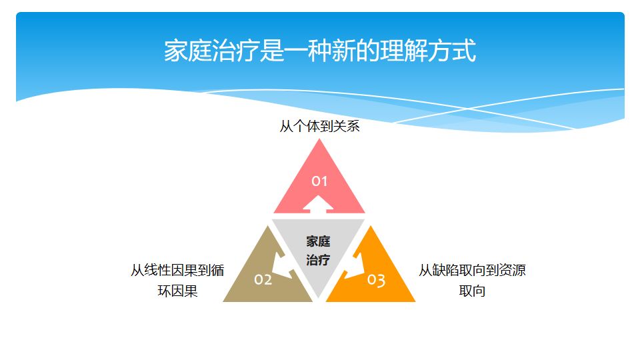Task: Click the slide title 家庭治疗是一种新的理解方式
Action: pyautogui.click(x=320, y=51)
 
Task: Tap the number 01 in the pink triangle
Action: pyautogui.click(x=320, y=181)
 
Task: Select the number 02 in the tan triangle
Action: pyautogui.click(x=263, y=279)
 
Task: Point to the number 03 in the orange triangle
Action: pyautogui.click(x=376, y=280)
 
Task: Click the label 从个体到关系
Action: pyautogui.click(x=319, y=126)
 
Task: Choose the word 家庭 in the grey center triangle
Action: pyautogui.click(x=319, y=241)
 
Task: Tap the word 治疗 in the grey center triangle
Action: pyautogui.click(x=319, y=260)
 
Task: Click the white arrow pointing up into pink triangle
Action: pyautogui.click(x=319, y=203)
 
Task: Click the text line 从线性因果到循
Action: pyautogui.click(x=177, y=271)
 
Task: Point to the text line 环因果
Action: pyautogui.click(x=177, y=291)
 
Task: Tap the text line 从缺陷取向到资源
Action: pyautogui.click(x=472, y=271)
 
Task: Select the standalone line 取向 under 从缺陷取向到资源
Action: pyautogui.click(x=472, y=291)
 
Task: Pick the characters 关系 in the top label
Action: pyautogui.click(x=346, y=126)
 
